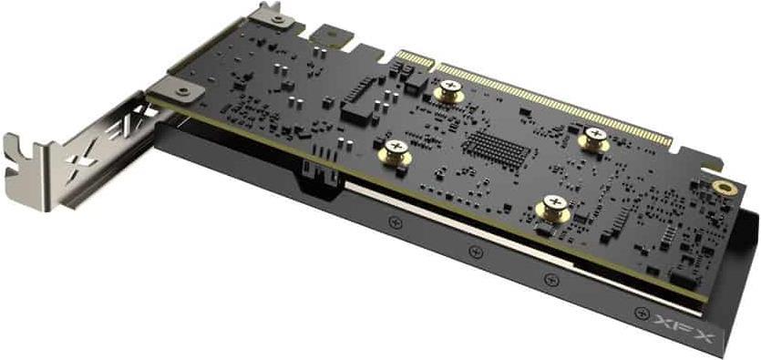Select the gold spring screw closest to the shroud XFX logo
tap(553, 207)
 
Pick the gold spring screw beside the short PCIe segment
tap(449, 91)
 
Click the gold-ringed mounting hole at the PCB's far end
tap(725, 189)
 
